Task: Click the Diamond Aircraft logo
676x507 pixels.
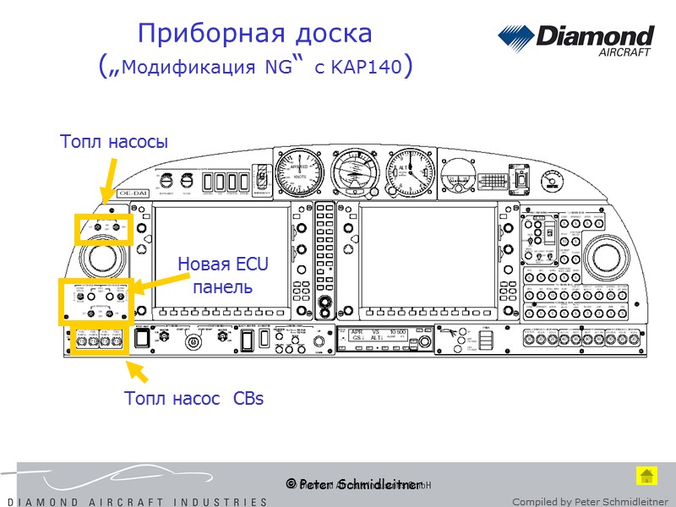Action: coord(575,40)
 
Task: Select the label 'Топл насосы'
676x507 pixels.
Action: coord(114,142)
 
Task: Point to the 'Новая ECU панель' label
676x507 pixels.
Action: coord(223,275)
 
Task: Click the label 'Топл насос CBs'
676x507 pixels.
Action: coord(194,398)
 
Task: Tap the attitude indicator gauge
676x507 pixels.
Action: coord(356,172)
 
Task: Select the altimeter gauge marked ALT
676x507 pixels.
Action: coord(412,172)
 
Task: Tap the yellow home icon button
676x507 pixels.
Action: coord(646,475)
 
